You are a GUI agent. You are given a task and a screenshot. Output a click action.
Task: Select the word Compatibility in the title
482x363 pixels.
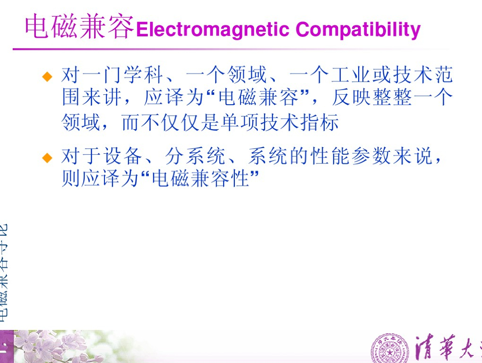pyautogui.click(x=358, y=29)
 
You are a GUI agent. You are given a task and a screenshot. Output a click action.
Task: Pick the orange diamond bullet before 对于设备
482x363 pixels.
pyautogui.click(x=47, y=157)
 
